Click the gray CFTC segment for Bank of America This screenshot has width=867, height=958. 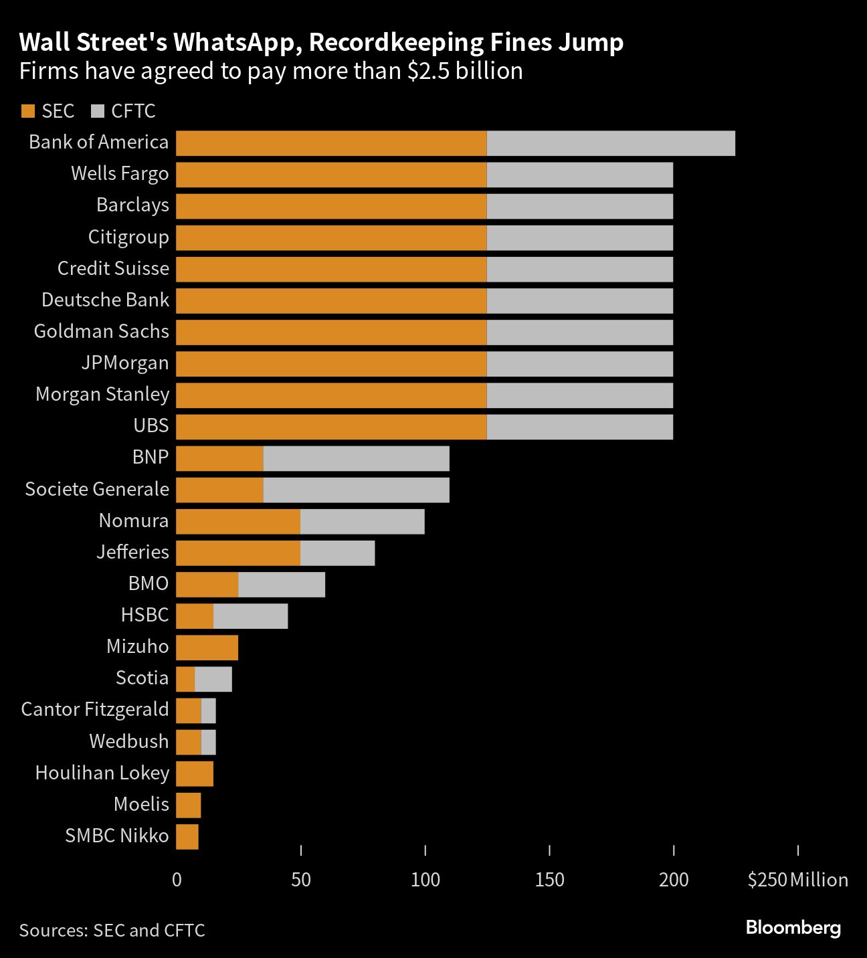pyautogui.click(x=611, y=143)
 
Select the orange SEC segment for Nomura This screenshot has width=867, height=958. pyautogui.click(x=238, y=521)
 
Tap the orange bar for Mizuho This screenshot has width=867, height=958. pyautogui.click(x=207, y=647)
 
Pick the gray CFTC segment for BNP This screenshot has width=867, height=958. pyautogui.click(x=356, y=458)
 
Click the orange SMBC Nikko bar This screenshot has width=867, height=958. pyautogui.click(x=187, y=836)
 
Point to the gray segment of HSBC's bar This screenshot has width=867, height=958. pyautogui.click(x=250, y=615)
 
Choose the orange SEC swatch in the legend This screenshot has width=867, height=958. pyautogui.click(x=28, y=111)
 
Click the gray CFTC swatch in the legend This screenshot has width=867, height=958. pyautogui.click(x=98, y=111)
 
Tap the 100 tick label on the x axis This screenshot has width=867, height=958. pyautogui.click(x=425, y=880)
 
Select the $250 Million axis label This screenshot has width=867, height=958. pyautogui.click(x=797, y=880)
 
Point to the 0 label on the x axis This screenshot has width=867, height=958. pyautogui.click(x=177, y=880)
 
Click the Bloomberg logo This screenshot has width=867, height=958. pyautogui.click(x=793, y=928)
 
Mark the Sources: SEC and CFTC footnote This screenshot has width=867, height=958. pyautogui.click(x=112, y=930)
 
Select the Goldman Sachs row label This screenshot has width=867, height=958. pyautogui.click(x=102, y=331)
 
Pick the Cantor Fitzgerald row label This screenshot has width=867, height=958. pyautogui.click(x=95, y=709)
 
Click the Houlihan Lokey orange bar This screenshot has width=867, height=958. pyautogui.click(x=195, y=773)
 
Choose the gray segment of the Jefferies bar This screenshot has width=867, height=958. pyautogui.click(x=337, y=553)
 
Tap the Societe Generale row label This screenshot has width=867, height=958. pyautogui.click(x=97, y=489)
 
